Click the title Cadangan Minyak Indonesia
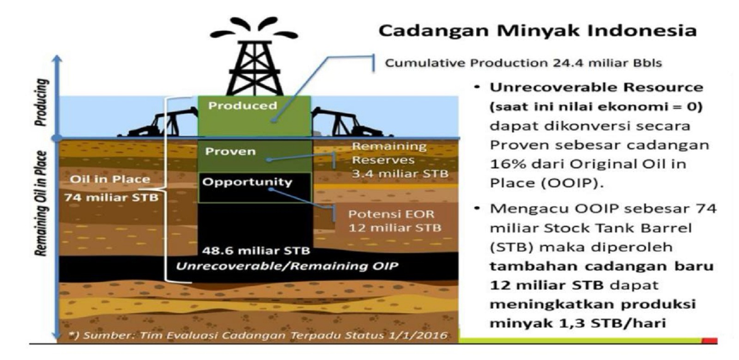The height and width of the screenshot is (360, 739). [x=538, y=31]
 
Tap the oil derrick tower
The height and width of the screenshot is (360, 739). [x=254, y=67]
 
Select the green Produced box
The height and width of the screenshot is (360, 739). [x=254, y=116]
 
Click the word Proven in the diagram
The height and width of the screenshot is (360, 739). [x=230, y=152]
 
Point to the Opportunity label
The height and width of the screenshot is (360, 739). [x=247, y=182]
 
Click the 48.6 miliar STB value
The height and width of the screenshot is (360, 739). [x=256, y=251]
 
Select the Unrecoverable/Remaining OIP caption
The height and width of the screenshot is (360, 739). [x=287, y=266]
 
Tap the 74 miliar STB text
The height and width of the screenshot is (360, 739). [x=111, y=198]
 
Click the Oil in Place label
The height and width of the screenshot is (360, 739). [x=110, y=179]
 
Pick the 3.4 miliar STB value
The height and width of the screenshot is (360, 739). [x=400, y=174]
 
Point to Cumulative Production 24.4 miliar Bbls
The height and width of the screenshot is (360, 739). [x=523, y=63]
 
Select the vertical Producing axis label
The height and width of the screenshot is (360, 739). [x=42, y=102]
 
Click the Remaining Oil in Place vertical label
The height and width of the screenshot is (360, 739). [x=41, y=204]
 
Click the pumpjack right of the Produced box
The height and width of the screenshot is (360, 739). [x=350, y=122]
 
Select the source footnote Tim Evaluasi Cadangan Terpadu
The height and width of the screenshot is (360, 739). [x=258, y=336]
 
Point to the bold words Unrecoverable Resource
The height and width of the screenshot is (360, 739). [x=596, y=87]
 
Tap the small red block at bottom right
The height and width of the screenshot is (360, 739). [x=709, y=341]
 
